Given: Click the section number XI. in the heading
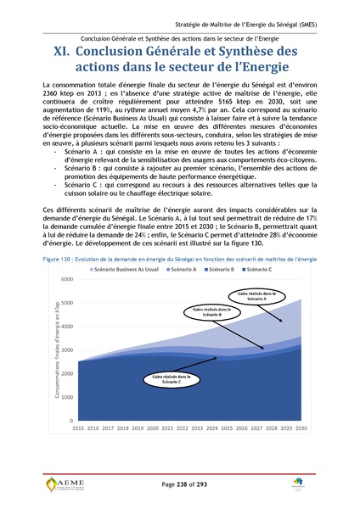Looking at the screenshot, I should [x=63, y=53].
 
